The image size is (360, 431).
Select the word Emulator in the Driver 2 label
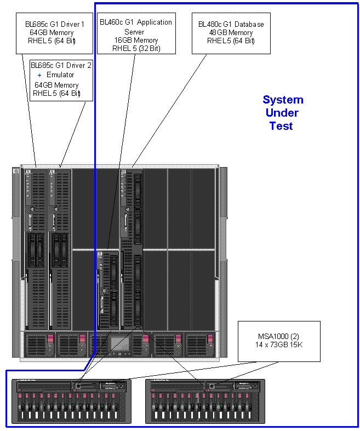[64, 75]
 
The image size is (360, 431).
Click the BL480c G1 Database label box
[231, 33]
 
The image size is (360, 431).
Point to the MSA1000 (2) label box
[279, 341]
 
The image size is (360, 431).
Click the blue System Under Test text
[282, 113]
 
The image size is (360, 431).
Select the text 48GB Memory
[231, 33]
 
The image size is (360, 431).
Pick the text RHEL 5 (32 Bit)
[136, 48]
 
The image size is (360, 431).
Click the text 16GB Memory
[136, 41]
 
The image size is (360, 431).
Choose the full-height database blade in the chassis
[132, 249]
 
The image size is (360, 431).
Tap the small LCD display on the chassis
[120, 344]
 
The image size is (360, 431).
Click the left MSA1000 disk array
[71, 401]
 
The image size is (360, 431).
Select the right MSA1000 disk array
[205, 401]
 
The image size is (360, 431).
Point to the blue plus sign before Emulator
[39, 75]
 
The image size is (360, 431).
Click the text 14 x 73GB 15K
[279, 345]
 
